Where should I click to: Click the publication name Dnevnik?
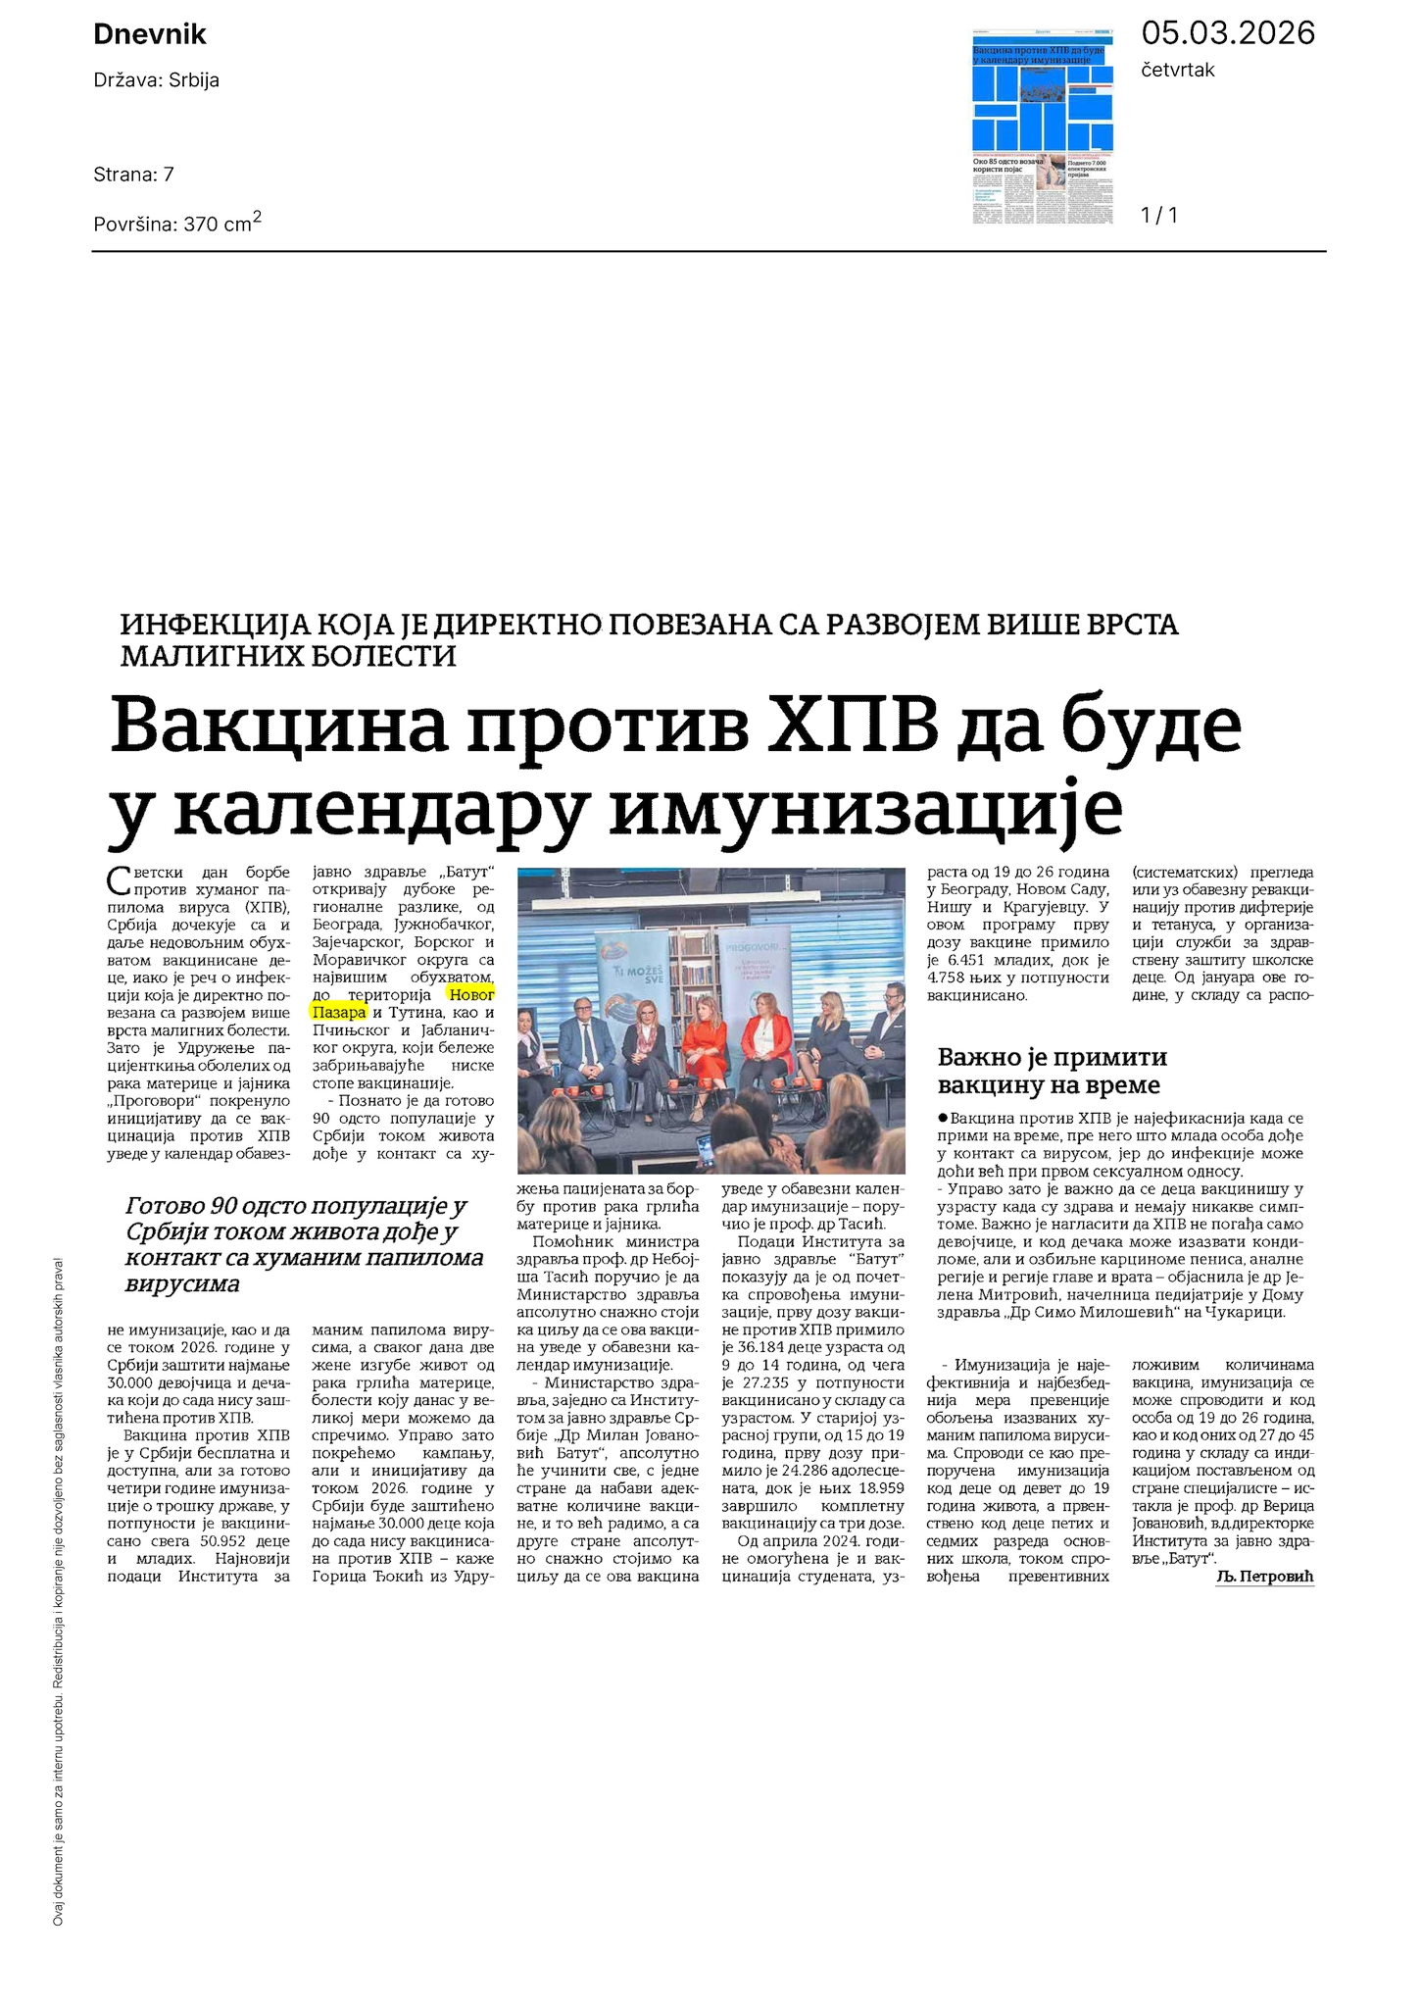pyautogui.click(x=150, y=35)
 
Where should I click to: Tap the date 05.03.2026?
pyautogui.click(x=1227, y=33)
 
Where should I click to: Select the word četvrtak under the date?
pyautogui.click(x=1178, y=71)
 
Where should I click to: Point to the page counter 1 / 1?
pyautogui.click(x=1159, y=215)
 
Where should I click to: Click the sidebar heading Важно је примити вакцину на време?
pyautogui.click(x=1052, y=1071)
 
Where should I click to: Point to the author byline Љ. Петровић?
pyautogui.click(x=1264, y=1577)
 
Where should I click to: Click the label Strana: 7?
pyautogui.click(x=133, y=175)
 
